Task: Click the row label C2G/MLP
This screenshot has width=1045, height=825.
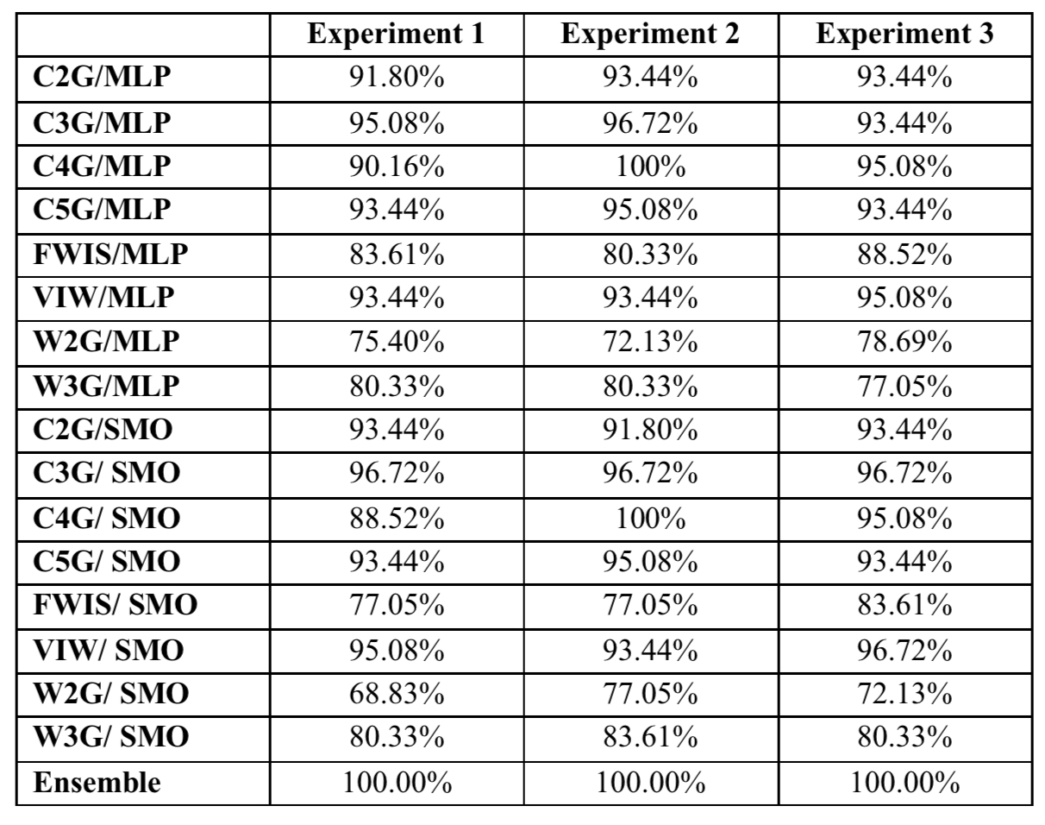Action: pyautogui.click(x=102, y=78)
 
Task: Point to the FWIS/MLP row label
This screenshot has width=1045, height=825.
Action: pyautogui.click(x=110, y=255)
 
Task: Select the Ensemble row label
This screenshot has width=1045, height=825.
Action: pyautogui.click(x=97, y=783)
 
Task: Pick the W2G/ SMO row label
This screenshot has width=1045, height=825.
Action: pyautogui.click(x=111, y=694)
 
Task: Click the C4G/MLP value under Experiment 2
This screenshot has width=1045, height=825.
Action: pyautogui.click(x=651, y=167)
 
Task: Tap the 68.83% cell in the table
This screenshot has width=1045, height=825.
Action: pyautogui.click(x=397, y=694)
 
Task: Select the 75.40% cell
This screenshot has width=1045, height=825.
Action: pyautogui.click(x=397, y=342)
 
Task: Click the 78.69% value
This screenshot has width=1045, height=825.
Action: pyautogui.click(x=904, y=342)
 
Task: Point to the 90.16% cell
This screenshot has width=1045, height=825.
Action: pyautogui.click(x=397, y=167)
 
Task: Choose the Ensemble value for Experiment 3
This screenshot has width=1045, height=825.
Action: pyautogui.click(x=905, y=783)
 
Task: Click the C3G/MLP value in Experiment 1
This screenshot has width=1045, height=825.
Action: pyautogui.click(x=397, y=123)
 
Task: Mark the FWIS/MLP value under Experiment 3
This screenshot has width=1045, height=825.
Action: pyautogui.click(x=904, y=255)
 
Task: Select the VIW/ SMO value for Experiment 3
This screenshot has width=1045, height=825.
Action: pyautogui.click(x=904, y=651)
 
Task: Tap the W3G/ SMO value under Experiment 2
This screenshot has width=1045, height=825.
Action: pyautogui.click(x=651, y=737)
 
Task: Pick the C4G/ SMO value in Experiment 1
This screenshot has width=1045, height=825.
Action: pyautogui.click(x=397, y=519)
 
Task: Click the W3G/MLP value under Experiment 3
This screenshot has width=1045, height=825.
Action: pyautogui.click(x=904, y=387)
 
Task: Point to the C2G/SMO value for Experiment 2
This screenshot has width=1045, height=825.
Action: pyautogui.click(x=651, y=431)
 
